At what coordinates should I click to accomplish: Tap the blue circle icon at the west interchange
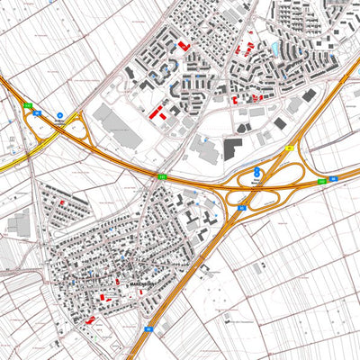[x=60, y=116]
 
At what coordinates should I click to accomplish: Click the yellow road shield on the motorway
[x=290, y=147]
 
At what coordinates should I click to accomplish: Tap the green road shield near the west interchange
[x=28, y=106]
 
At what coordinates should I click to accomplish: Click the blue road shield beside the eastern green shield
[x=333, y=179]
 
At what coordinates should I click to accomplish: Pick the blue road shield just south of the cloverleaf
[x=242, y=207]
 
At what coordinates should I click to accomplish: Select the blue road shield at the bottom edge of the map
[x=146, y=329]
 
